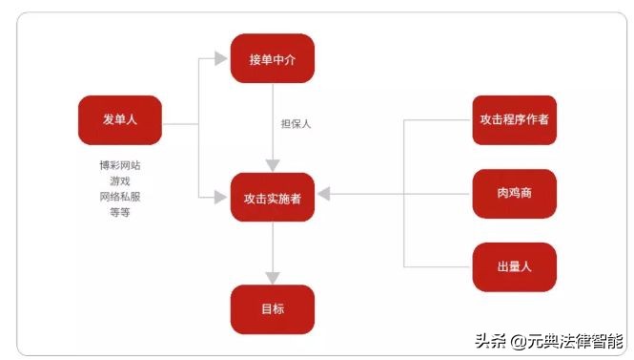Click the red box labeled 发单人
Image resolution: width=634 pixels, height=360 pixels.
pos(120,119)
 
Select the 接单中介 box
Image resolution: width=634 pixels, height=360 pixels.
pos(273,59)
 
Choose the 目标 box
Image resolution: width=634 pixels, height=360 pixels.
pos(273,309)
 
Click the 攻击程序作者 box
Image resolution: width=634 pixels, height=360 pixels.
pos(514,120)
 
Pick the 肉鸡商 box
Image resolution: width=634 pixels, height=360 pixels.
pos(514,194)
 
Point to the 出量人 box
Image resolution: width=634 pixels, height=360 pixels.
pos(514,266)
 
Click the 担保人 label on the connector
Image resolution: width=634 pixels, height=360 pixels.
pos(296,124)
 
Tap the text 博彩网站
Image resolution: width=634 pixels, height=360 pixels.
pos(120,165)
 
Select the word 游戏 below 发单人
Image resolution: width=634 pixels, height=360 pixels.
pos(120,180)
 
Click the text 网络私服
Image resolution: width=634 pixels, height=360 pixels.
pos(120,197)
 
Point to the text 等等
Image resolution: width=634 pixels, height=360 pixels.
pos(120,212)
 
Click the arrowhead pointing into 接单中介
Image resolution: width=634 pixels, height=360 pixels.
pos(221,59)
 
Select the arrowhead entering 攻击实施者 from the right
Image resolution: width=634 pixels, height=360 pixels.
pos(324,195)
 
